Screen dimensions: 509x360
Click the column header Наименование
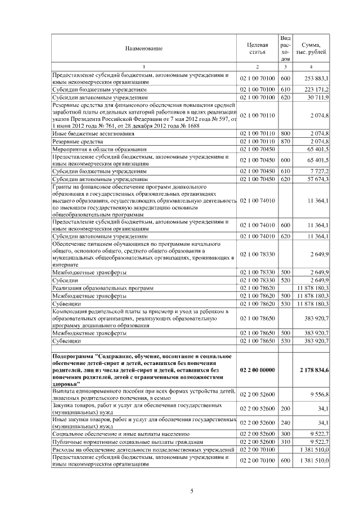tap(144, 49)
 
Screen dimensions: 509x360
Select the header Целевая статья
tap(257, 49)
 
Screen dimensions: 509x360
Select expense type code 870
tap(285, 141)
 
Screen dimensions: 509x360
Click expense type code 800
tap(285, 133)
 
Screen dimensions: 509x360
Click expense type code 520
tap(285, 280)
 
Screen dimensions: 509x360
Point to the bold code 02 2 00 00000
tap(257, 370)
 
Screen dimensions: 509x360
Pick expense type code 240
tap(285, 422)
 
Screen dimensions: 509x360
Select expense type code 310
tap(285, 443)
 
